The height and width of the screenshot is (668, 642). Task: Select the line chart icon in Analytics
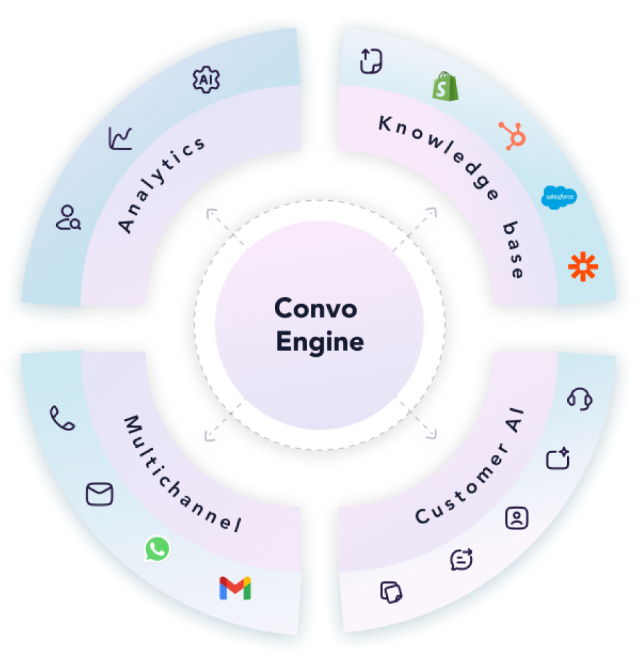(x=121, y=139)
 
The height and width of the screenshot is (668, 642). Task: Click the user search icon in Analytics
(x=68, y=218)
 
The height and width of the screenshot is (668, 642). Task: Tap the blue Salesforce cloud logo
(x=558, y=196)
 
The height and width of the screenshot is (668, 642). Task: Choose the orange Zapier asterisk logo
(x=582, y=266)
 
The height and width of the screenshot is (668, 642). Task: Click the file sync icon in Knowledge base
(x=371, y=61)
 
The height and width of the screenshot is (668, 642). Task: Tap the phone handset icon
(x=62, y=419)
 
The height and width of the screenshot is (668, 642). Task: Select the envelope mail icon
(x=100, y=495)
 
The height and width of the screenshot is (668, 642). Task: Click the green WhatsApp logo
(x=157, y=550)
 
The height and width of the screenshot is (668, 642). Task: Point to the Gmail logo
(x=235, y=588)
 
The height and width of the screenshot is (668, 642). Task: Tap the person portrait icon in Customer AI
(x=517, y=517)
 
